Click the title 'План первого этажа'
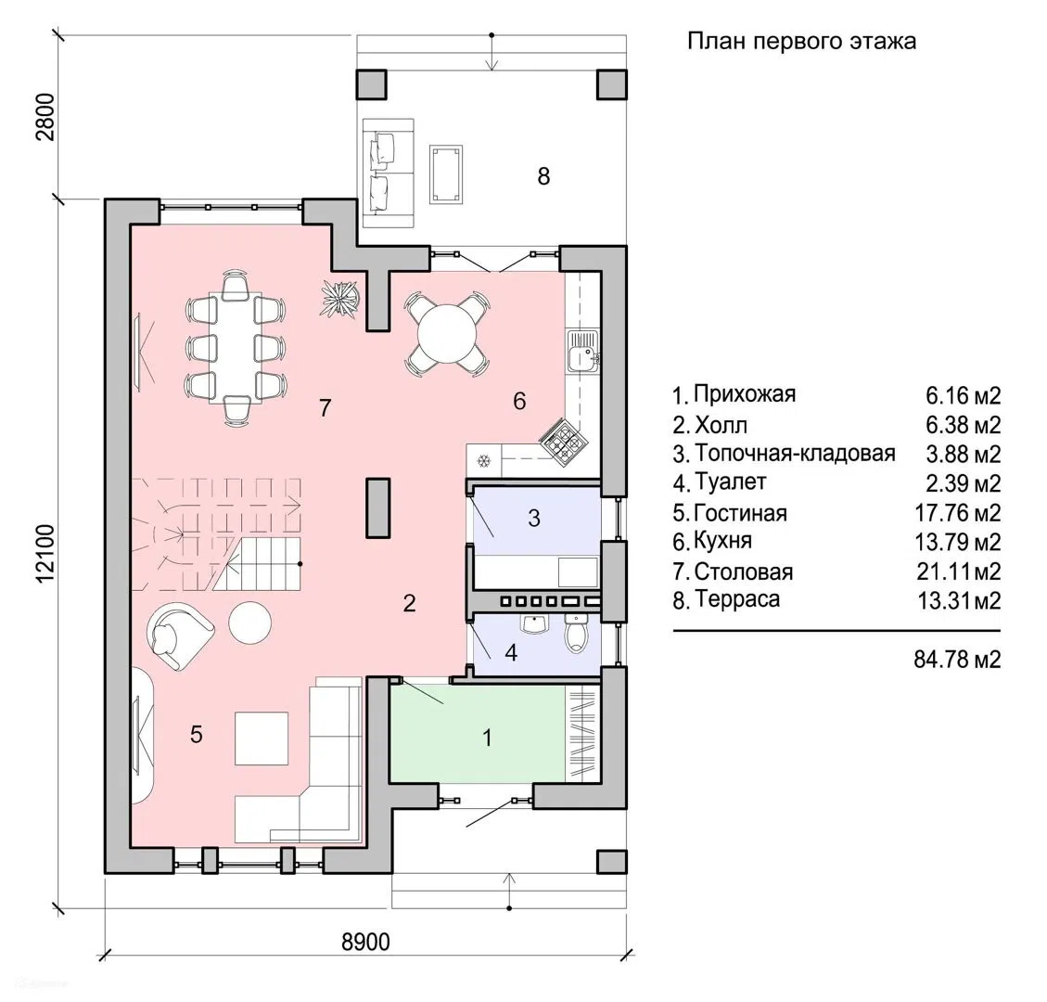click(x=801, y=42)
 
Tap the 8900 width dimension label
click(x=366, y=942)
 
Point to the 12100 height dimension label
click(x=45, y=552)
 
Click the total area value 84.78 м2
click(x=958, y=660)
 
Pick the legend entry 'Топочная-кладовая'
click(x=795, y=453)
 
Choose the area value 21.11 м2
click(x=959, y=572)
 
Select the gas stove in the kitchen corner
click(x=565, y=440)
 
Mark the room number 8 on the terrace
click(x=543, y=176)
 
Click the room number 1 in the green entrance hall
click(x=488, y=738)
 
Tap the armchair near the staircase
click(x=178, y=635)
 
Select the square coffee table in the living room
click(x=262, y=739)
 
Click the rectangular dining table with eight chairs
click(x=236, y=347)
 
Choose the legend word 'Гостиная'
click(x=741, y=513)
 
